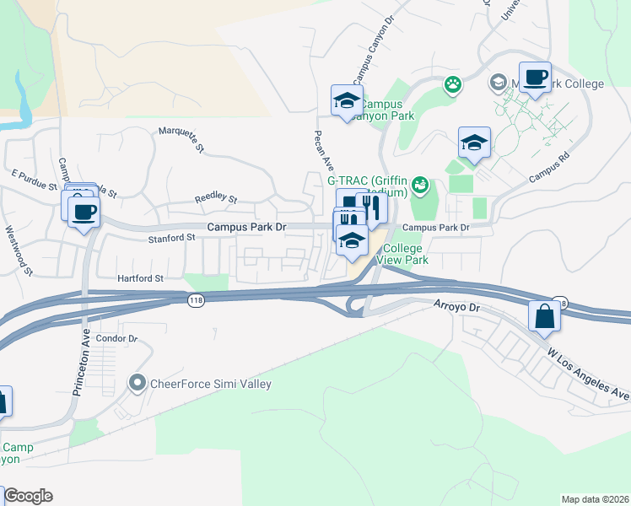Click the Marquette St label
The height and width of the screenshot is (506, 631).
tap(182, 140)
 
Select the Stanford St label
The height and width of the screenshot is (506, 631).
tap(172, 238)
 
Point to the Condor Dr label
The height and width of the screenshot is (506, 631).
tap(116, 338)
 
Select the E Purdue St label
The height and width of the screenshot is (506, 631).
tap(33, 179)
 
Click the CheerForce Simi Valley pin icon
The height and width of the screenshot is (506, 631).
tap(138, 384)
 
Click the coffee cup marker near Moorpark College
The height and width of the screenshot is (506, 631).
tap(534, 78)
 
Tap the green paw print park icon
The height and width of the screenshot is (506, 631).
tap(454, 83)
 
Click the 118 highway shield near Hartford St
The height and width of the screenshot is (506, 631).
tap(194, 299)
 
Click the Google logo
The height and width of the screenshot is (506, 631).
tap(28, 496)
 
